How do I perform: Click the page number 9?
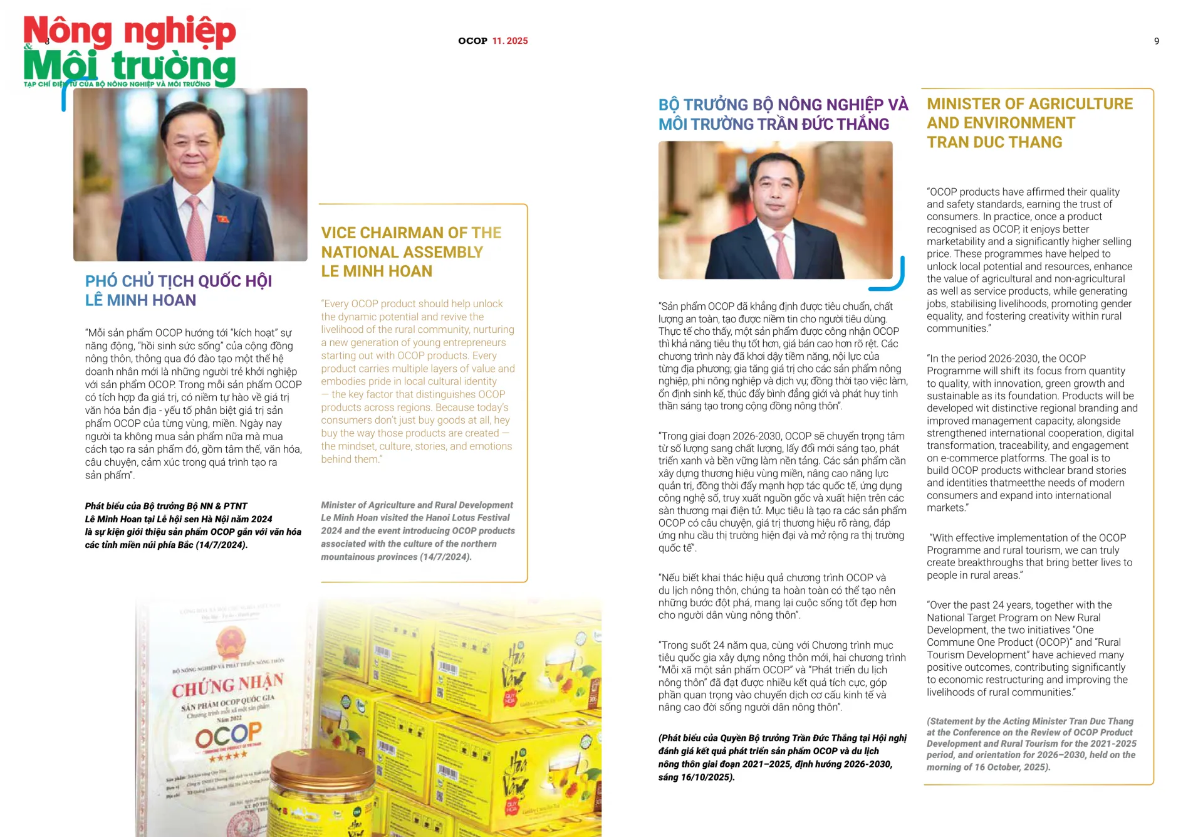tap(1157, 41)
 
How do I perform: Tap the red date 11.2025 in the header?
tap(510, 41)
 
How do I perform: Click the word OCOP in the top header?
tap(472, 41)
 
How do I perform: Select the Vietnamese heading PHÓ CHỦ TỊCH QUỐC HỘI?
tap(179, 281)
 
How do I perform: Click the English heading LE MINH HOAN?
tap(377, 271)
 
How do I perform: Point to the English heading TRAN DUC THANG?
tap(994, 142)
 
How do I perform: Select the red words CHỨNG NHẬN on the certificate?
tap(228, 685)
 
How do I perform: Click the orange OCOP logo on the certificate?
tap(229, 735)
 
